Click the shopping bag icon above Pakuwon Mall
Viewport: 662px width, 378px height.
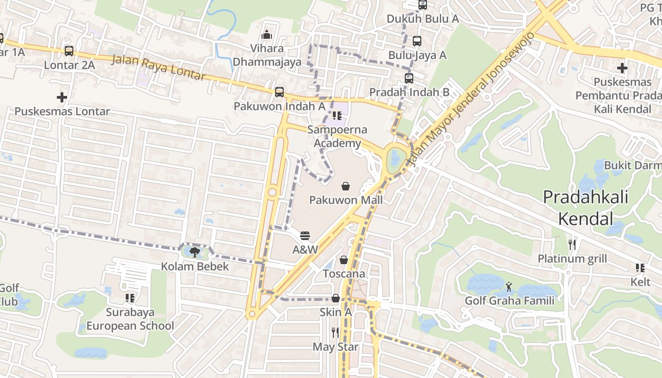346,186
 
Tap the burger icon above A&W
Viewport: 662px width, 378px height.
305,235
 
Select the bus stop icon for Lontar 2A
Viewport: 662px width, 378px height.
69,51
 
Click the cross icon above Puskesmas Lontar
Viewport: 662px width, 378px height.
62,98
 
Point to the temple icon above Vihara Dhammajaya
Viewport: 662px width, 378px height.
267,34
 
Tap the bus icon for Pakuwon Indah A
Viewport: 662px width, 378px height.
279,92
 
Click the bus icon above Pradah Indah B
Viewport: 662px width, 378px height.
409,78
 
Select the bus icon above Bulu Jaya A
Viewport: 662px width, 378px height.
417,41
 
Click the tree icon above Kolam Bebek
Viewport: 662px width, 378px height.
194,252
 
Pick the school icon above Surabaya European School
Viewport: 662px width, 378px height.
130,298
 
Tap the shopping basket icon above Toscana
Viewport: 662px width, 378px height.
344,260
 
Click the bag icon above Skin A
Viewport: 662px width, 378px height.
335,298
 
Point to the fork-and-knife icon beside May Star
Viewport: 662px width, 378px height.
335,333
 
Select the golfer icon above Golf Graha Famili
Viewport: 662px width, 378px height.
509,286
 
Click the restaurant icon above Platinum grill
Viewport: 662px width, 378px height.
572,244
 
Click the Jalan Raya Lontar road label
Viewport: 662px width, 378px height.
158,68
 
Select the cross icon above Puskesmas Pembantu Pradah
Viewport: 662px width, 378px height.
622,68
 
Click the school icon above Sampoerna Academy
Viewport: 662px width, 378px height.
337,115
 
